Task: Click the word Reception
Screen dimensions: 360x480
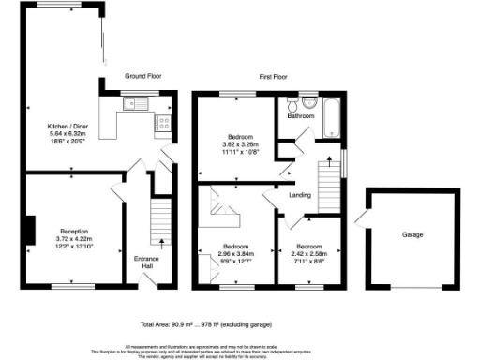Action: (74, 231)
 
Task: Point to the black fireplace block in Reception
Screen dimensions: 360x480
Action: (30, 231)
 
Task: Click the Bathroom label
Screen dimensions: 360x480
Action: (300, 116)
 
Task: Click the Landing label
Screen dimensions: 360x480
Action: (300, 196)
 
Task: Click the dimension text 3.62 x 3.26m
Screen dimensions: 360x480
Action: (237, 142)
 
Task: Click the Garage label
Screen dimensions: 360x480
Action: (412, 235)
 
